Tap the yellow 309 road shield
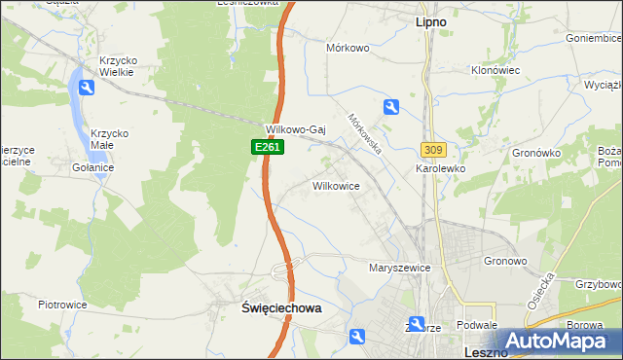pos(434,149)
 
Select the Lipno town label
pos(431,20)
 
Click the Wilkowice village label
pos(337,185)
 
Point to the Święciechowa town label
pos(281,306)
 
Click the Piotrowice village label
pos(63,305)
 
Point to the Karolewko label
pos(441,168)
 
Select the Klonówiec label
pos(496,71)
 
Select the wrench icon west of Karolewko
pos(390,107)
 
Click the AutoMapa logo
pos(559,342)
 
